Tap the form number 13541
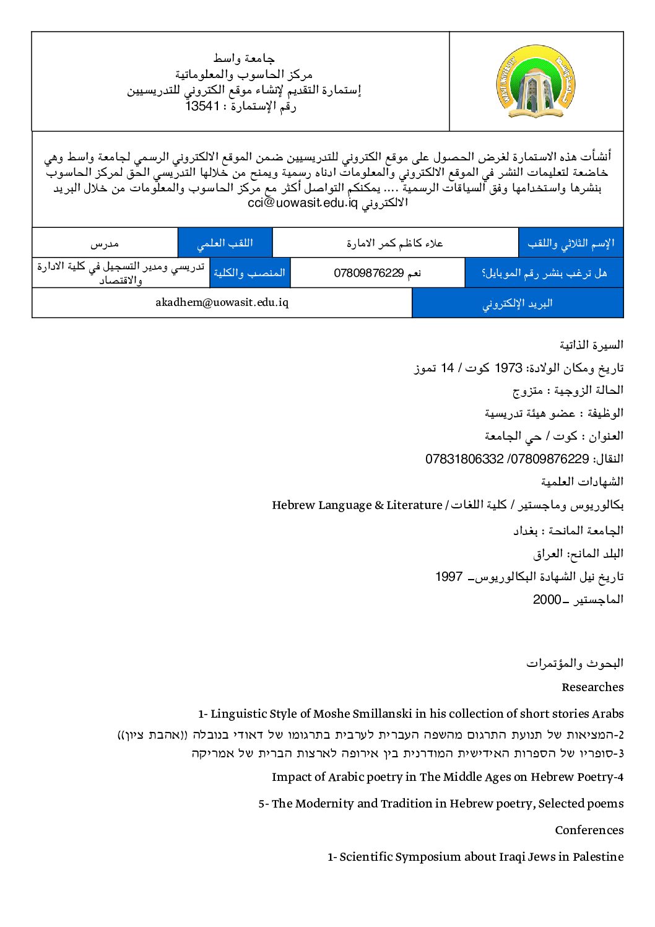[203, 107]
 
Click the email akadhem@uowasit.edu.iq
[222, 302]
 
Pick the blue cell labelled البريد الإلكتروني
[518, 303]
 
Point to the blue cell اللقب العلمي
[225, 243]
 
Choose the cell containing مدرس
[105, 243]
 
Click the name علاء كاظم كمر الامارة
[395, 243]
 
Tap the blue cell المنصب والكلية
[249, 272]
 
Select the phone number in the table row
[369, 273]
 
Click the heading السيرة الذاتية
[591, 345]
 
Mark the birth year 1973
[508, 368]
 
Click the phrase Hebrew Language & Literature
[357, 505]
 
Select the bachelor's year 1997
[449, 577]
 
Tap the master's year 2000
[547, 599]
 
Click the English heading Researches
[592, 687]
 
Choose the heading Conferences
[589, 830]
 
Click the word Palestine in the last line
[598, 856]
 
